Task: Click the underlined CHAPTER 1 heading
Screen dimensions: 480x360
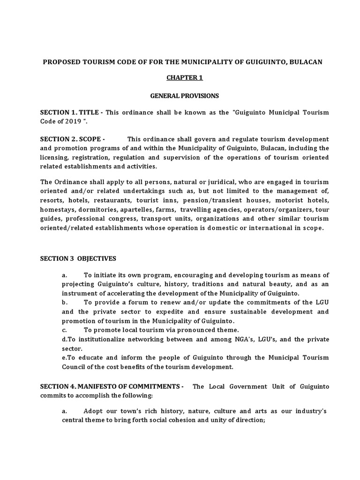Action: click(184, 78)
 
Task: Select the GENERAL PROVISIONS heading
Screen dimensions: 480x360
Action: click(184, 96)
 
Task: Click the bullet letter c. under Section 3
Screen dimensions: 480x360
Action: click(65, 330)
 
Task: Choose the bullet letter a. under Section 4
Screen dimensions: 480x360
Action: click(65, 411)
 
